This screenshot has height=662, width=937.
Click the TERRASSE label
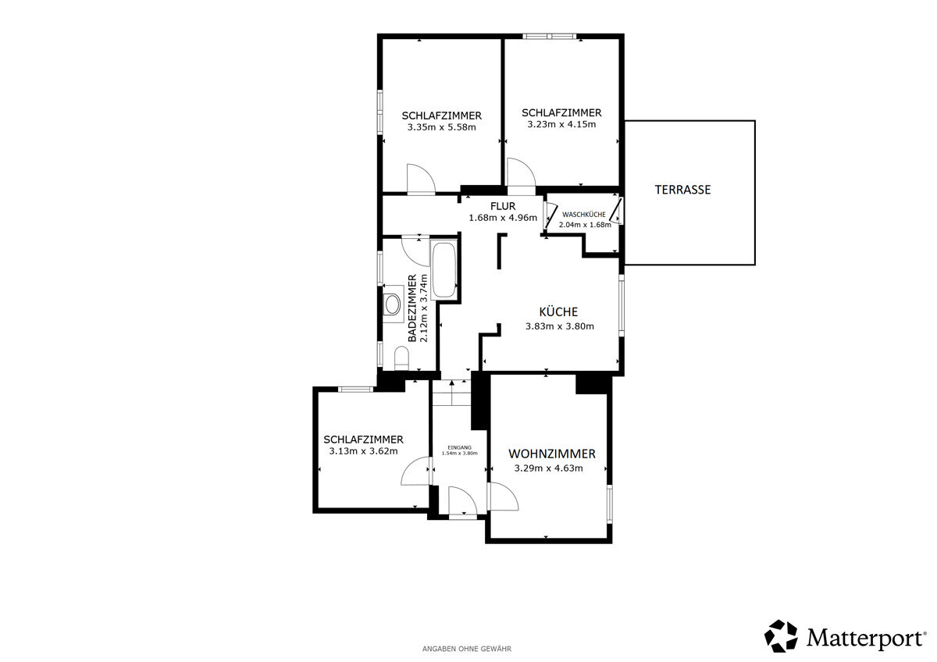(682, 190)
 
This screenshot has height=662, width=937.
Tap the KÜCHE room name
(558, 311)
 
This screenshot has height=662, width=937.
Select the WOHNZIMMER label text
(552, 454)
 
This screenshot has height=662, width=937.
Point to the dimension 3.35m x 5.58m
(442, 127)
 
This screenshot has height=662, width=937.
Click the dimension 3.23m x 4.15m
(561, 124)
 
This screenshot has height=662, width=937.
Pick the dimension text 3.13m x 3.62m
(363, 451)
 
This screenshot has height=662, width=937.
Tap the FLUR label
(503, 206)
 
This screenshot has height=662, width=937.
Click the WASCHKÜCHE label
(583, 215)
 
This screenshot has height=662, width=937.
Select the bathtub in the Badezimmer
(444, 269)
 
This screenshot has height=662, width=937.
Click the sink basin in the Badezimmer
(392, 304)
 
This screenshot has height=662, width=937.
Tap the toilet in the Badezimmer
(401, 358)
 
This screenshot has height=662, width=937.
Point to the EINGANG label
(459, 447)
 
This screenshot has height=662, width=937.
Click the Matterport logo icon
(781, 636)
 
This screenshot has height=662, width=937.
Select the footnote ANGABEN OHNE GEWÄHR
(466, 649)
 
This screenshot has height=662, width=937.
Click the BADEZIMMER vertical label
(412, 308)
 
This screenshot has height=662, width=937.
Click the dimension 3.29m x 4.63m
(548, 468)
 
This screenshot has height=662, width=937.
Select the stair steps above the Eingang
(452, 393)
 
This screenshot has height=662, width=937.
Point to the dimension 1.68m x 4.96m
(503, 218)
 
